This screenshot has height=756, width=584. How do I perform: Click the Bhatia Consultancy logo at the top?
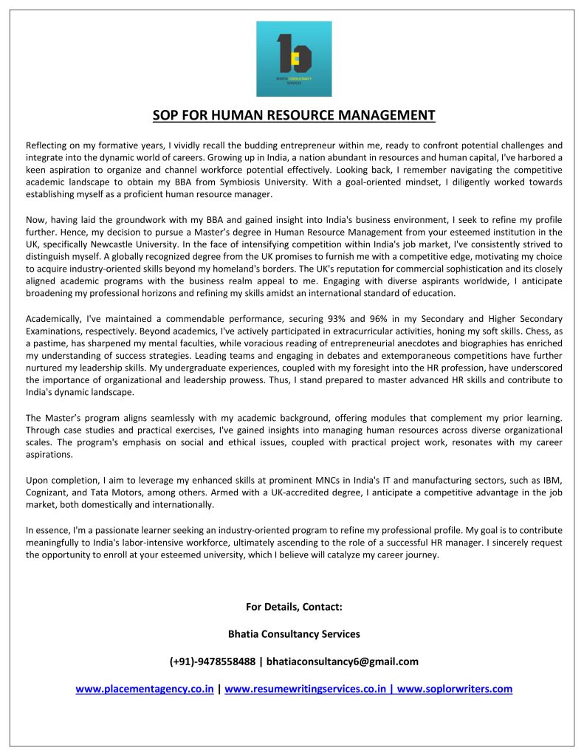point(294,59)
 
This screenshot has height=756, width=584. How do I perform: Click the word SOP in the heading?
point(166,115)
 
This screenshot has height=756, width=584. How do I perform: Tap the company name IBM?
point(552,479)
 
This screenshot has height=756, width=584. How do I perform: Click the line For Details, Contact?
point(294,607)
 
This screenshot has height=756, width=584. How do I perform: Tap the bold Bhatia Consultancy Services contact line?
point(294,634)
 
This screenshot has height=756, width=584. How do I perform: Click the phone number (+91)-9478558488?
point(213,661)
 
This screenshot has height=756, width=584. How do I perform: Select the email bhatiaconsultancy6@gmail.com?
point(343,661)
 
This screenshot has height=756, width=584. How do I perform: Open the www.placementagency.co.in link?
point(145,689)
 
